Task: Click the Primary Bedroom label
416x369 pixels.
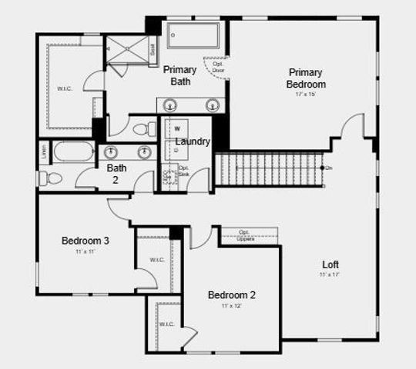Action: (305, 78)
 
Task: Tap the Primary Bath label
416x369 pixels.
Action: (179, 75)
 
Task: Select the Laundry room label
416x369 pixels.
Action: (193, 141)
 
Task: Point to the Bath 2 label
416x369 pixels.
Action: (117, 174)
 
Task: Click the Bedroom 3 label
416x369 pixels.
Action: (85, 241)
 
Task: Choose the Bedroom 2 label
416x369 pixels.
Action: (231, 294)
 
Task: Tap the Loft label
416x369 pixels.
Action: (330, 264)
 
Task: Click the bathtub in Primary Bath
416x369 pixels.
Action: (193, 35)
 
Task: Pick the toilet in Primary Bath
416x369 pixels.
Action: (143, 128)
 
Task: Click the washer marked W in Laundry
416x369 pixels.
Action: (177, 128)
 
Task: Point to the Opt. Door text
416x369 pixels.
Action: (218, 66)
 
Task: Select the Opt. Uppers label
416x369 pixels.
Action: (246, 235)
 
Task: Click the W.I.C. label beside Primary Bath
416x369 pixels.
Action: (65, 88)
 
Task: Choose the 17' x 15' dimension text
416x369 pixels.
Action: (305, 94)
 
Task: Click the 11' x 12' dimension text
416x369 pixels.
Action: (231, 306)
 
